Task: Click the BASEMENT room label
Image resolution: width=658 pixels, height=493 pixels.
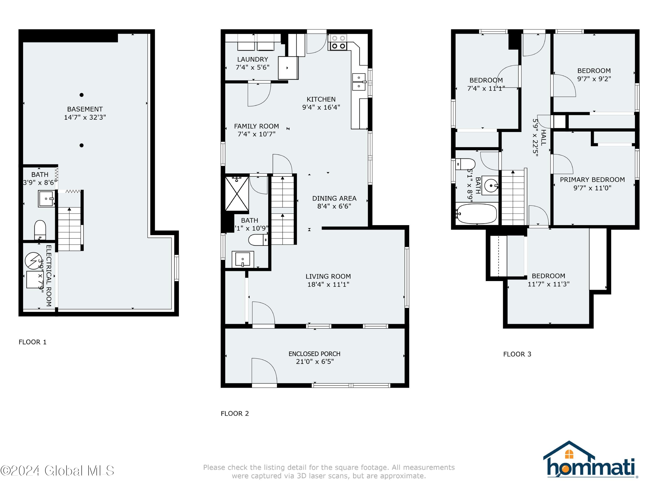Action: [x=85, y=109]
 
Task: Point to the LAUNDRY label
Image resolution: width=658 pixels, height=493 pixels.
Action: [x=252, y=59]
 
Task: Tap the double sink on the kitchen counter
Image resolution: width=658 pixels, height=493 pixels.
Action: [x=359, y=82]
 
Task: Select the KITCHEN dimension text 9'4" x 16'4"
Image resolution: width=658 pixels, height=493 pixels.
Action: [x=321, y=107]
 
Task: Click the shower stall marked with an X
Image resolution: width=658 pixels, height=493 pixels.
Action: [x=237, y=194]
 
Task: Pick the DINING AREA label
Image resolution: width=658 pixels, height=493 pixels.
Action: [x=334, y=198]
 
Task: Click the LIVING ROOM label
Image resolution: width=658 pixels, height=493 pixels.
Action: [x=328, y=276]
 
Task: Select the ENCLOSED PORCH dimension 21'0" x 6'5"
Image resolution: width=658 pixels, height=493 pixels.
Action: [x=315, y=361]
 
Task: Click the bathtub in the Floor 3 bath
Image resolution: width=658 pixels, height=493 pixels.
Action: [x=477, y=214]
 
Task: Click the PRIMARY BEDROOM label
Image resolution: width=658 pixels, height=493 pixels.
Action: [x=592, y=180]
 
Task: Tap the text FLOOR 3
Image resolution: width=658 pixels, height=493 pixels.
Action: [x=517, y=354]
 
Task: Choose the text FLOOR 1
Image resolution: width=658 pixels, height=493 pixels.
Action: [x=32, y=342]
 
